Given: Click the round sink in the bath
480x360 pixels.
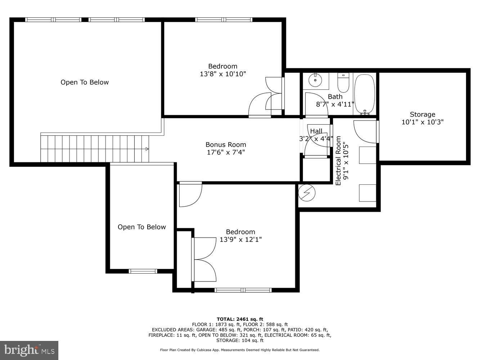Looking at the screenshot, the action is [315, 80].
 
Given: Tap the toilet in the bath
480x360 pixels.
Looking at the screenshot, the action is [343, 82].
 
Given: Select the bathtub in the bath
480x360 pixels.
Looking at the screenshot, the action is [364, 94].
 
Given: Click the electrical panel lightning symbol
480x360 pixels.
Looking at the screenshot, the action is [307, 193].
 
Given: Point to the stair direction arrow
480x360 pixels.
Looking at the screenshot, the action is [147, 149].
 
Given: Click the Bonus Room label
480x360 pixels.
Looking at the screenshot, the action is [226, 144].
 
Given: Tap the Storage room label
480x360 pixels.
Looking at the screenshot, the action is [422, 114].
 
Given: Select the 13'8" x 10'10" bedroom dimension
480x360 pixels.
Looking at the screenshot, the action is [223, 74].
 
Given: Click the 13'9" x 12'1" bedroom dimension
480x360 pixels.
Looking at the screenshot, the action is [241, 239].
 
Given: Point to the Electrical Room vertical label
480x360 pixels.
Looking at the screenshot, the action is [338, 161].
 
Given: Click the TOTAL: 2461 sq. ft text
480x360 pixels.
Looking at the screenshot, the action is [240, 319].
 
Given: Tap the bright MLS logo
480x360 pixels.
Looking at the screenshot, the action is [29, 350].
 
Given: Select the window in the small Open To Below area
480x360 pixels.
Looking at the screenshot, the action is [143, 271].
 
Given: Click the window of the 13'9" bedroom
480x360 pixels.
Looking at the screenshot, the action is [243, 290].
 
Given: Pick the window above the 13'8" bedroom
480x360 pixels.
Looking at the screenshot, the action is [224, 20].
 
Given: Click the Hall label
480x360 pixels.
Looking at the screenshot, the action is [316, 131].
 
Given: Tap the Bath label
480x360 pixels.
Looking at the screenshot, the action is [335, 96].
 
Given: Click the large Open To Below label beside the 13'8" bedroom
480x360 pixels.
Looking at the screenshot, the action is [85, 82].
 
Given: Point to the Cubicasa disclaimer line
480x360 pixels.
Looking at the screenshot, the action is [240, 350].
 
